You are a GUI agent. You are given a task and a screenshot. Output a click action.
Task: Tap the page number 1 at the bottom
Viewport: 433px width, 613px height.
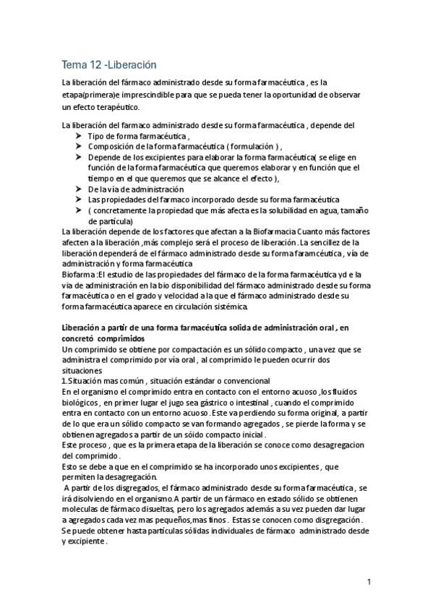(x=369, y=582)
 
